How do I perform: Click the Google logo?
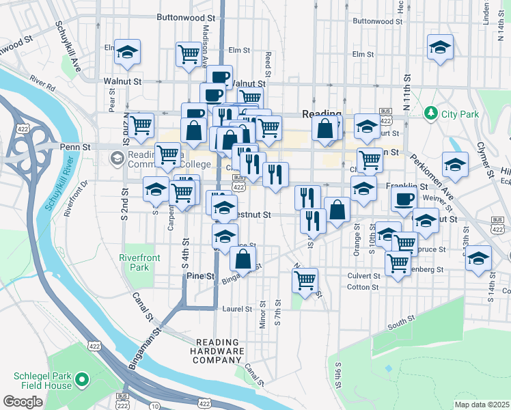pos(23,401)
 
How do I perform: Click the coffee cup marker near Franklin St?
pos(403,199)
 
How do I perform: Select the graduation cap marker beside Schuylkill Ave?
pos(127,52)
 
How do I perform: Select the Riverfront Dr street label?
pos(77,199)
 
